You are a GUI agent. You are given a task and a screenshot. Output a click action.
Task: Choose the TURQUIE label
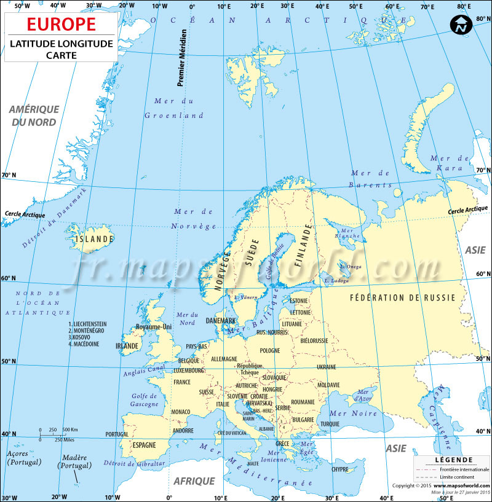click(x=330, y=424)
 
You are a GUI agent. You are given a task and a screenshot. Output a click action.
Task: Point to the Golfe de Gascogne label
click(x=145, y=400)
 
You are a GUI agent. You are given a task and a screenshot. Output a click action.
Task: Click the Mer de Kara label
click(x=446, y=162)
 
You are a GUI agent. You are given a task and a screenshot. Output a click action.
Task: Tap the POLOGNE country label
click(x=269, y=350)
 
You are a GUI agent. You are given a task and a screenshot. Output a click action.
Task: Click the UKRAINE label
click(x=326, y=367)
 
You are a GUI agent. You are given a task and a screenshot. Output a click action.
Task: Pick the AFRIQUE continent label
click(x=194, y=481)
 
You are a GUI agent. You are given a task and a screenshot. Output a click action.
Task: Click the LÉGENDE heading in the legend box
click(x=453, y=460)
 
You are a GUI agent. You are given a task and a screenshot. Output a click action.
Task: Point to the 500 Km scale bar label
click(x=69, y=429)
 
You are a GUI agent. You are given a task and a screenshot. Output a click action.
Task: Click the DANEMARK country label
click(x=221, y=321)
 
